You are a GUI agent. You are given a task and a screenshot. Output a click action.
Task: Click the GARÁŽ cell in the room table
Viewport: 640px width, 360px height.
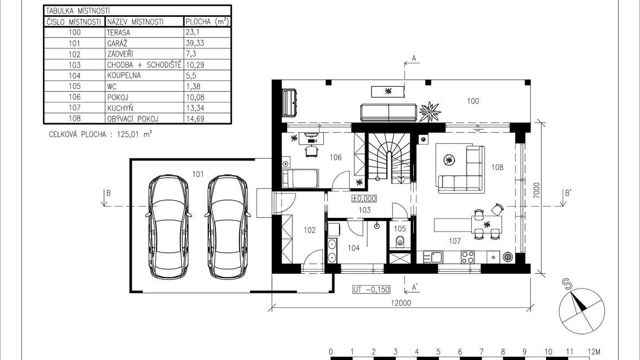[x=117, y=43]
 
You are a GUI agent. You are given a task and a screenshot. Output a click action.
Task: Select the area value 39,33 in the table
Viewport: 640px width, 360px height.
[x=195, y=43]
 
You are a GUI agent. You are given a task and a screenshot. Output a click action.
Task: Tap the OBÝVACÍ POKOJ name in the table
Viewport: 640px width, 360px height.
[x=133, y=119]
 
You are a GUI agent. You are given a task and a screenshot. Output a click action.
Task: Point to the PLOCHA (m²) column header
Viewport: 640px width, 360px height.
[x=207, y=22]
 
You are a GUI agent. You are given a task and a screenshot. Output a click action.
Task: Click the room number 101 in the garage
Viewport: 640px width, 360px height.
[x=198, y=175]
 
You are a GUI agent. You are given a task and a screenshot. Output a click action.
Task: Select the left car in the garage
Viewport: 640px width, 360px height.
[x=169, y=227]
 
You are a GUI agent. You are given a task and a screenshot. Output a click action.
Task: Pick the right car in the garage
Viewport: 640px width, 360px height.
[x=227, y=227]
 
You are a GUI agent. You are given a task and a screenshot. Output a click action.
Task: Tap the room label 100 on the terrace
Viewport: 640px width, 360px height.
[x=472, y=101]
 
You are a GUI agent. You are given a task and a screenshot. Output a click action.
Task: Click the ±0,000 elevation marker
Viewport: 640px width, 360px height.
[x=364, y=199]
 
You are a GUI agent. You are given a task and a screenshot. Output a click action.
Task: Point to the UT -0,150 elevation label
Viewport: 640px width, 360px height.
[x=372, y=290]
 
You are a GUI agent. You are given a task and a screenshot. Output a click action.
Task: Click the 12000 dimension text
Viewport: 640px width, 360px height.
[x=401, y=303]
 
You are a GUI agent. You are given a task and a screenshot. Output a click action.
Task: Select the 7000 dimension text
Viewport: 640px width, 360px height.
[x=536, y=190]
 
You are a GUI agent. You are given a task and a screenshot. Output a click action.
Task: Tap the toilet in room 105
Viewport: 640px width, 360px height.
[x=400, y=242]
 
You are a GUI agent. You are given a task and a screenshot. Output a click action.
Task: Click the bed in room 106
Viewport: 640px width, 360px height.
[x=300, y=178]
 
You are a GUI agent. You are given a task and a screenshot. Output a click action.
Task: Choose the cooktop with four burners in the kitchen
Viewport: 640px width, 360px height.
[x=468, y=257]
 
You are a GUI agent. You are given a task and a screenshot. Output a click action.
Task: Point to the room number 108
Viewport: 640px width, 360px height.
[x=497, y=168]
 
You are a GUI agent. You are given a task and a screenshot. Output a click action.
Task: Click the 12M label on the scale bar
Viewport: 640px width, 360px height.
[x=593, y=352]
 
